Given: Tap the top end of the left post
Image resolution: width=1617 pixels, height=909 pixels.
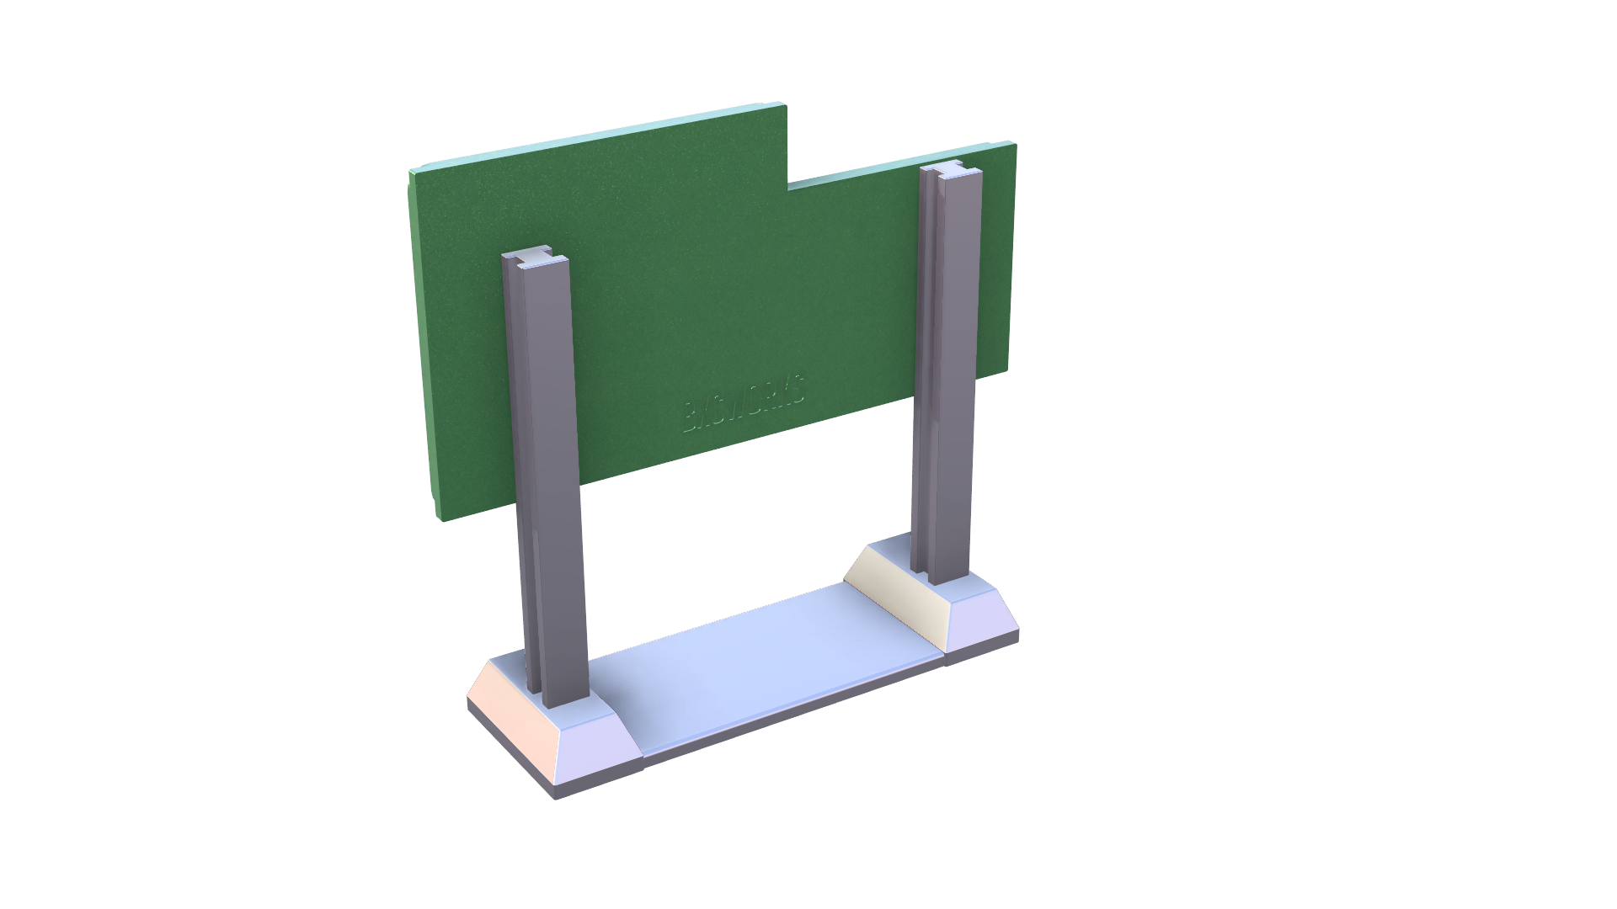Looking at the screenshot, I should (x=535, y=259).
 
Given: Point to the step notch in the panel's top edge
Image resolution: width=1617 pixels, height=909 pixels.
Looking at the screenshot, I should (x=788, y=181).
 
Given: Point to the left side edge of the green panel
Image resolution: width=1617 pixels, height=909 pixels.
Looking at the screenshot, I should (x=424, y=345).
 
